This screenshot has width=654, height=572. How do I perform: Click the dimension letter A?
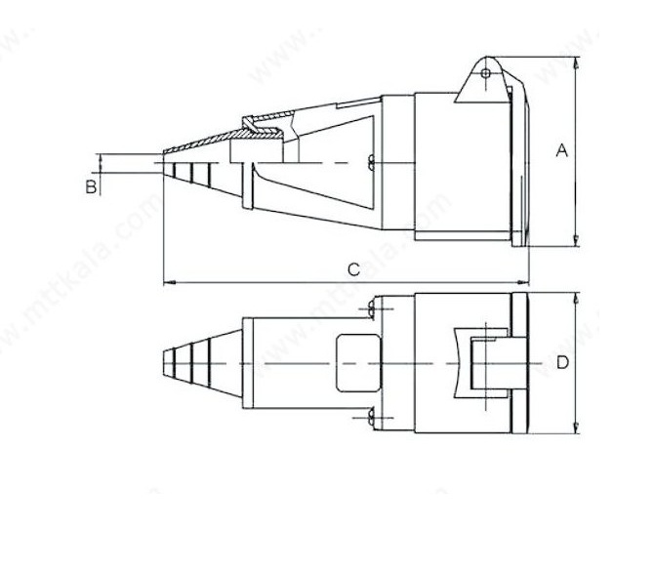click(x=561, y=150)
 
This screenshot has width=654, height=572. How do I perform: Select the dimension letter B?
click(x=91, y=186)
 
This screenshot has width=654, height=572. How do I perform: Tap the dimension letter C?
click(x=354, y=269)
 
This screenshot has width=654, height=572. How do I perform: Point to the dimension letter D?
click(x=562, y=363)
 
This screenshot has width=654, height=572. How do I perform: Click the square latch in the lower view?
click(x=480, y=363)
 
